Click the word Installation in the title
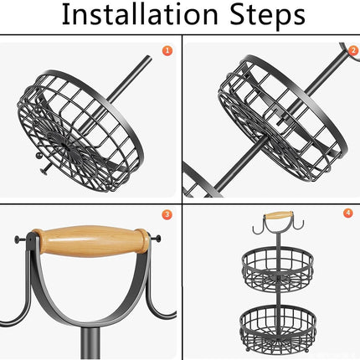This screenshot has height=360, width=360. pos(140,14)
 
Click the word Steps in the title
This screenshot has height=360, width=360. pos(267,16)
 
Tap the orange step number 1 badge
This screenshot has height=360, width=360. pos(167,50)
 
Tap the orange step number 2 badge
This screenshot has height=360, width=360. pos(353,50)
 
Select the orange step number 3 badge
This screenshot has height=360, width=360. pos(167,214)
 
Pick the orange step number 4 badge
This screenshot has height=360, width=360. pos(347,213)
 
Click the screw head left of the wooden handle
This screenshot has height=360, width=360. pos(18,239)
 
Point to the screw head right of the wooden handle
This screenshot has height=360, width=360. pos(158,239)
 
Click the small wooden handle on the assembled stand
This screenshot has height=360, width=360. pos(279,215)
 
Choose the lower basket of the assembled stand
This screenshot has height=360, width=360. pos(278,328)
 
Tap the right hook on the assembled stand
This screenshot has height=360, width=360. pos(296,225)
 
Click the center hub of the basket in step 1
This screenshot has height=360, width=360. pos(64,145)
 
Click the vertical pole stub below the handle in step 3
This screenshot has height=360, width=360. pos(90,342)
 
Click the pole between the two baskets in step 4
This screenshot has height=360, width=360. pos(279,296)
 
